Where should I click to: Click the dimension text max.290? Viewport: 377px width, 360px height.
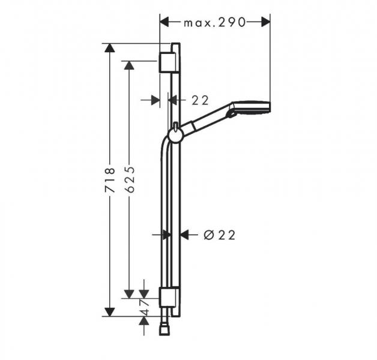click(x=215, y=22)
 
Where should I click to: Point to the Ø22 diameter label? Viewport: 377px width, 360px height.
click(x=219, y=235)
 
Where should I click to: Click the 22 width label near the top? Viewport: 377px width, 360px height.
click(x=200, y=100)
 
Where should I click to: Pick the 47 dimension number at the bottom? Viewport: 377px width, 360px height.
click(x=144, y=305)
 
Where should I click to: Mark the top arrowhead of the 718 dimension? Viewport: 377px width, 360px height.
click(x=109, y=48)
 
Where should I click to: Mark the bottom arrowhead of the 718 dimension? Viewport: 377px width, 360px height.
click(x=109, y=311)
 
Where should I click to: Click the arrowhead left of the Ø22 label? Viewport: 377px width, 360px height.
click(x=185, y=235)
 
